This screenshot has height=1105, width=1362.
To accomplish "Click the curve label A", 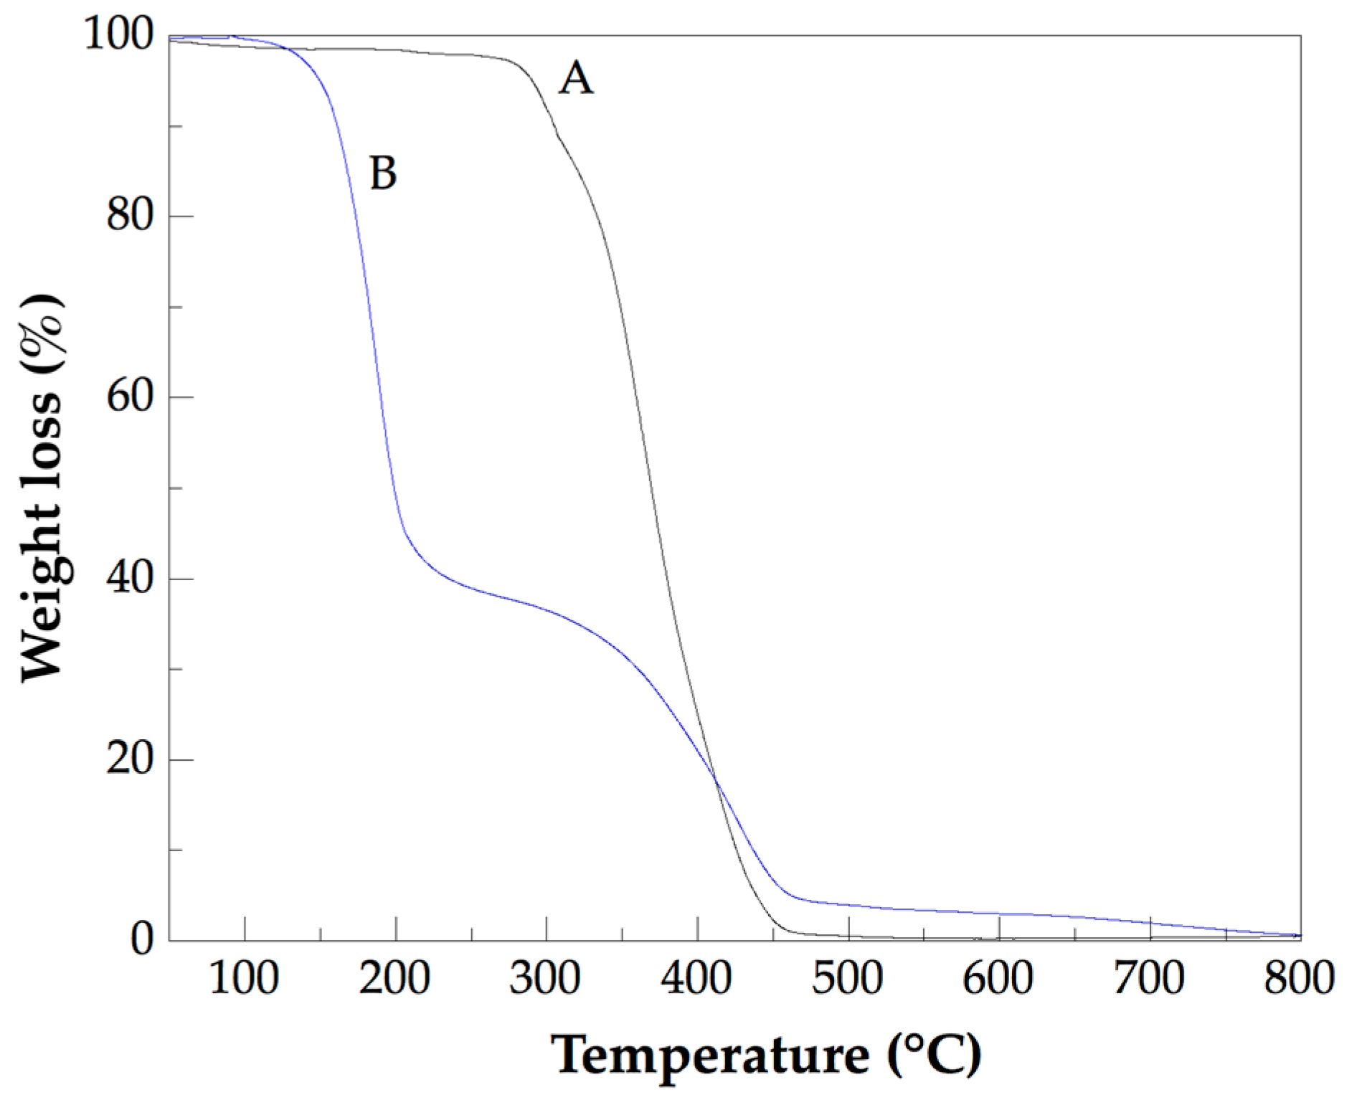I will point(577,78).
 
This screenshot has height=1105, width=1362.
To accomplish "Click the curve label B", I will point(383,173).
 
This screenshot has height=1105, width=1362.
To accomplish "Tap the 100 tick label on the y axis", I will point(119,34).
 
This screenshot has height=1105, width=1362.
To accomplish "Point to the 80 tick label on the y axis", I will point(130,214).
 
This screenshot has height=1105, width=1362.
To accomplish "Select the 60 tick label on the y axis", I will point(130,396).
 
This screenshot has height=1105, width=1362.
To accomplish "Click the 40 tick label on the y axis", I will point(130,577).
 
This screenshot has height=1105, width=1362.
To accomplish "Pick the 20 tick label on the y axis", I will point(130,758).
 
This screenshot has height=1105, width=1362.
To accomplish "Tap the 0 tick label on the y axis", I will point(142,939).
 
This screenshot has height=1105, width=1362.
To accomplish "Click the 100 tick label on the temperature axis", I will point(244,977).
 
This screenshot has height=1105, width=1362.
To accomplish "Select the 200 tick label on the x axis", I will point(394,977).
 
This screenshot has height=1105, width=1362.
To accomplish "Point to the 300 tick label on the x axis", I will point(545,977).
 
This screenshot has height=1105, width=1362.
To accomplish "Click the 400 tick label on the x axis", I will point(696,977).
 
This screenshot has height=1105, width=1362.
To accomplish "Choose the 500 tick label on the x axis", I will point(847,977).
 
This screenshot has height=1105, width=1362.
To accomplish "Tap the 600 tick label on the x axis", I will point(998,977).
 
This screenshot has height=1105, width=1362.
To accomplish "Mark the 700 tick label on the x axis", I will point(1149,977).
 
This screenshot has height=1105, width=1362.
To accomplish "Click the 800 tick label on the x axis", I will point(1299,977).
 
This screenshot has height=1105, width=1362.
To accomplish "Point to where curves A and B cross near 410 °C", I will point(715,779).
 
